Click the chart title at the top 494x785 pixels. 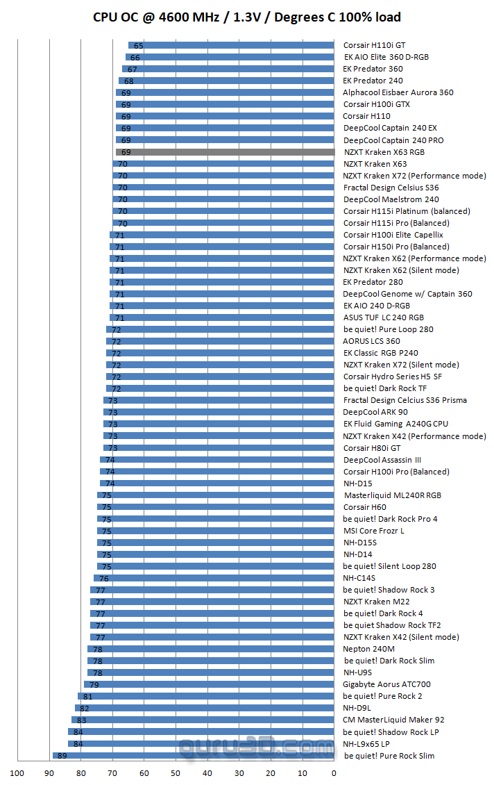pyautogui.click(x=247, y=17)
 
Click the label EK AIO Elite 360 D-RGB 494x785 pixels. pyautogui.click(x=386, y=57)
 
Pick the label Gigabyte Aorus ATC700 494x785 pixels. pyautogui.click(x=386, y=684)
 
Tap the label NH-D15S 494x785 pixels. pyautogui.click(x=359, y=543)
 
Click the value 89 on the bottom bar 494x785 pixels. pyautogui.click(x=60, y=756)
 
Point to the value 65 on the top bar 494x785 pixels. pyautogui.click(x=138, y=45)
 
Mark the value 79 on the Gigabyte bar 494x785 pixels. pyautogui.click(x=94, y=684)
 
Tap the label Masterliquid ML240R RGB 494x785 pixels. pyautogui.click(x=393, y=495)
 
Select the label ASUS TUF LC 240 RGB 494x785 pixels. pyautogui.click(x=383, y=317)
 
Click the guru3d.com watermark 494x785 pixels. pyautogui.click(x=257, y=747)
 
